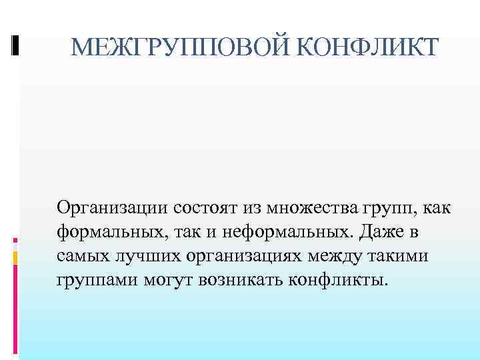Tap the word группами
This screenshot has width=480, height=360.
point(97,279)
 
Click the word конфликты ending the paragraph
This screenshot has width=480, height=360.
point(337,279)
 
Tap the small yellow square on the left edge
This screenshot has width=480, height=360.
point(16,257)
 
